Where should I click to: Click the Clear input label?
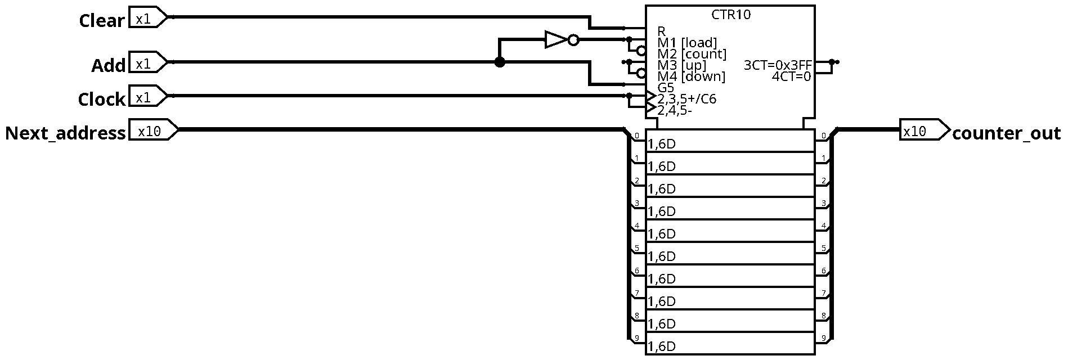click(x=101, y=21)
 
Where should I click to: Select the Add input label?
click(x=108, y=66)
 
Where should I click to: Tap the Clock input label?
click(x=101, y=100)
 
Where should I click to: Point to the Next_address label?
click(x=65, y=133)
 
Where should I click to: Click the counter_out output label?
click(x=1006, y=133)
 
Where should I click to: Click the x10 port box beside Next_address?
click(x=154, y=130)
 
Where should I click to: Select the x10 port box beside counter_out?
click(x=925, y=130)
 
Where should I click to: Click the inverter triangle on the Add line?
click(x=556, y=40)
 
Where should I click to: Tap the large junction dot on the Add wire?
click(x=500, y=62)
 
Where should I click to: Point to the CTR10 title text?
click(x=731, y=15)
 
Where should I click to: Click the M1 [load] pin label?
click(x=688, y=43)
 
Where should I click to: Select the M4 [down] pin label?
click(x=692, y=76)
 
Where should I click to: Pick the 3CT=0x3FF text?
click(x=778, y=65)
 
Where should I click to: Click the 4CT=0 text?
click(x=792, y=76)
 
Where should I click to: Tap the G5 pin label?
click(x=666, y=88)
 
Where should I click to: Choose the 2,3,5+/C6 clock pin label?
click(x=686, y=100)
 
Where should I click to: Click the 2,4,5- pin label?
click(x=674, y=111)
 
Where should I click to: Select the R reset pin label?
click(x=661, y=31)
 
